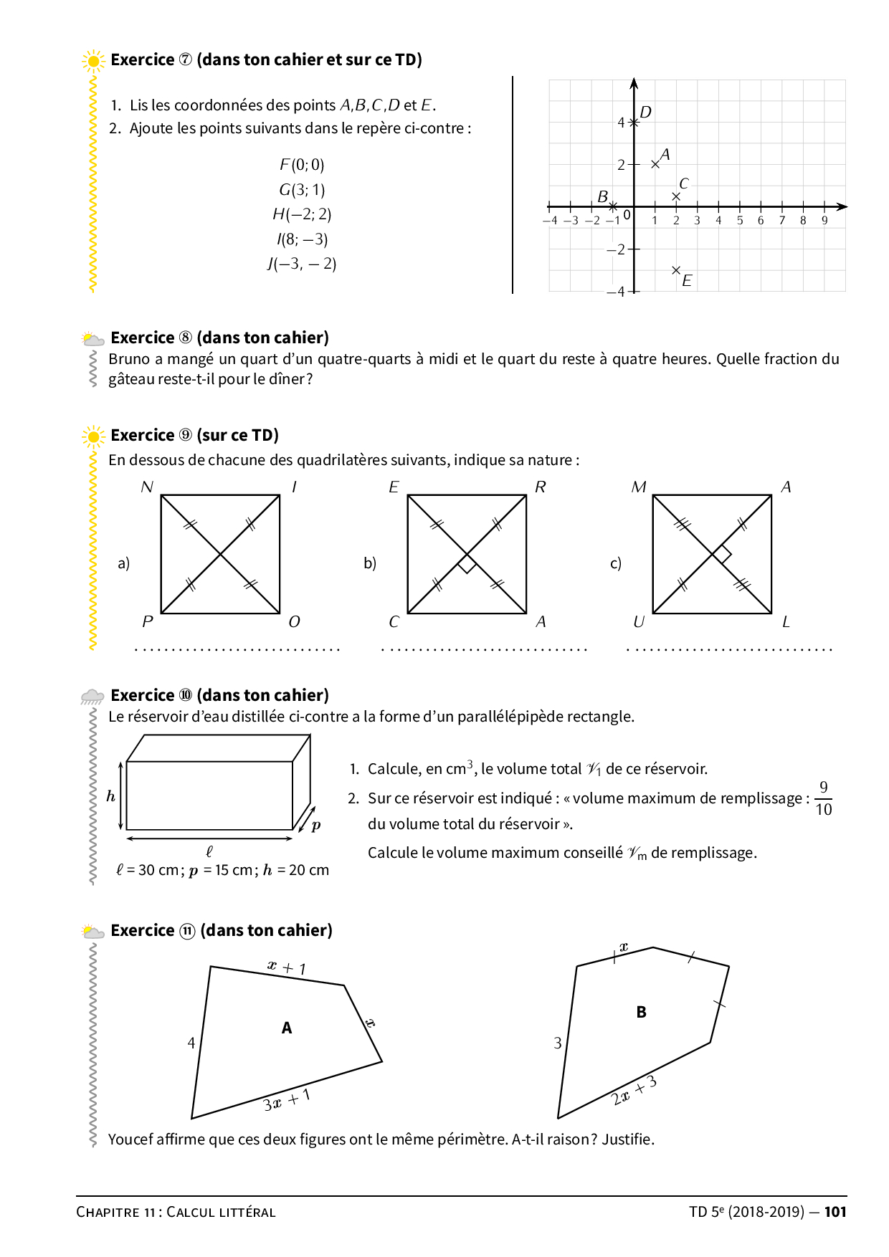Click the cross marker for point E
click(x=676, y=270)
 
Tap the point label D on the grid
click(x=645, y=113)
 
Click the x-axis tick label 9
click(x=824, y=221)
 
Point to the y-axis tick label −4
click(x=615, y=292)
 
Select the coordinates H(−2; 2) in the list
click(x=302, y=214)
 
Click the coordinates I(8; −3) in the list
click(x=302, y=239)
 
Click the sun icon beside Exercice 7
click(x=93, y=62)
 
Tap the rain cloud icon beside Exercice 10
click(x=92, y=696)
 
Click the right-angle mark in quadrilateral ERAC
click(x=467, y=565)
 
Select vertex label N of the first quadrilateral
click(x=147, y=487)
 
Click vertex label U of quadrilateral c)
click(x=639, y=622)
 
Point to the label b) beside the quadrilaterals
click(x=370, y=563)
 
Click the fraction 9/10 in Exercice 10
click(x=823, y=798)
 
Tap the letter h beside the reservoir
click(x=110, y=796)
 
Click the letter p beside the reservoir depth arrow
click(x=316, y=825)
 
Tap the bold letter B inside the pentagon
click(x=641, y=1012)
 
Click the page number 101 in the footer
click(x=835, y=1212)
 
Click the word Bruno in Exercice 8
click(x=129, y=359)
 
